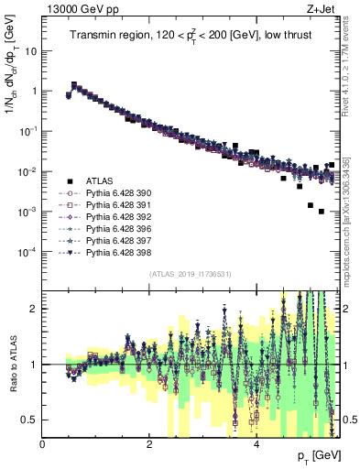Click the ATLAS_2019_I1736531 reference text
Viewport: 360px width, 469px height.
tap(191, 274)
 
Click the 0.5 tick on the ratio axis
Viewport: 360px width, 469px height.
tap(30, 420)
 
